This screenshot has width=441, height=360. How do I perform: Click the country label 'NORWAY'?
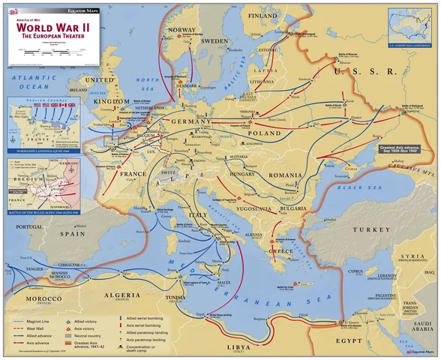tap(182, 30)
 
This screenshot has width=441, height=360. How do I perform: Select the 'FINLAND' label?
tap(262, 16)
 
